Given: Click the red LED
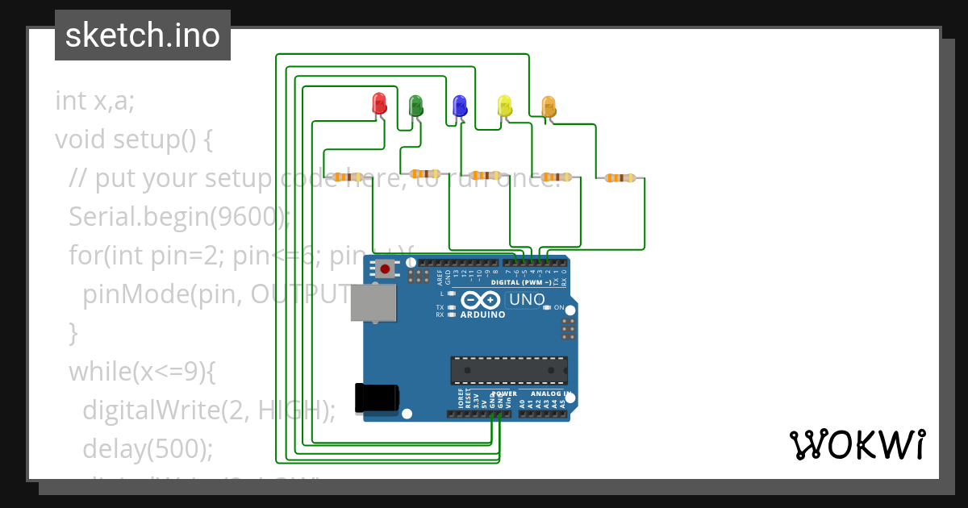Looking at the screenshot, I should click(379, 102).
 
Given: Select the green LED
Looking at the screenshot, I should click(415, 104).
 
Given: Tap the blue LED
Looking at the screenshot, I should click(460, 105).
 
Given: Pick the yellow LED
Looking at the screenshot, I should click(505, 105).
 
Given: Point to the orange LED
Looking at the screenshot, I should click(549, 106).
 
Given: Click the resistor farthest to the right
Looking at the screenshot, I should click(620, 177).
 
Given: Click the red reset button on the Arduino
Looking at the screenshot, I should click(386, 268).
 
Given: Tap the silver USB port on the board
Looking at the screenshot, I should click(373, 303).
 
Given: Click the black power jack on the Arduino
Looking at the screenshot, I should click(376, 398).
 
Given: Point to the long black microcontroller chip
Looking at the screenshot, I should click(508, 370).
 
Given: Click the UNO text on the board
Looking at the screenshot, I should click(527, 300).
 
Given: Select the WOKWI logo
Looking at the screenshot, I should click(856, 445).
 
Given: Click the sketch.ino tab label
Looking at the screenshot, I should click(143, 35).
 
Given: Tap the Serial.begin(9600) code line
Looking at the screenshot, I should click(177, 217).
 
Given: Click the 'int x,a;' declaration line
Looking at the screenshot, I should click(95, 101).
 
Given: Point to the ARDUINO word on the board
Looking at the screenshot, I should click(482, 314).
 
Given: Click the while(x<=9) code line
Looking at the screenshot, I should click(142, 371).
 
